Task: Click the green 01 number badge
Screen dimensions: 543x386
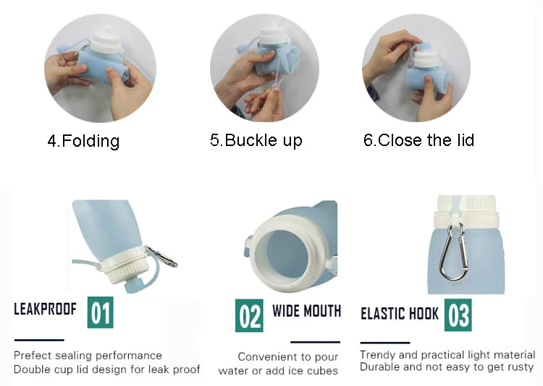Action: click(x=101, y=312)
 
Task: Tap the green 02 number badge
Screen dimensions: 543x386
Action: click(x=249, y=316)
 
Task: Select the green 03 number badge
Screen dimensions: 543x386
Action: click(x=458, y=315)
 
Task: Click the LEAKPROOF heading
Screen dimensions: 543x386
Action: click(x=45, y=309)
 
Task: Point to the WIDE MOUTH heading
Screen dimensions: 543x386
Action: click(x=306, y=311)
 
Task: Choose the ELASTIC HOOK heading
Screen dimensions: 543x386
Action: click(x=400, y=314)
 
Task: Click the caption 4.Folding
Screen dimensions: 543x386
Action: click(x=83, y=141)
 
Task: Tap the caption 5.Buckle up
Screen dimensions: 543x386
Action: click(x=256, y=140)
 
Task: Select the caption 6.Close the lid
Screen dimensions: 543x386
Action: click(x=418, y=140)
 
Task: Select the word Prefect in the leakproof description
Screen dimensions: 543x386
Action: click(x=32, y=355)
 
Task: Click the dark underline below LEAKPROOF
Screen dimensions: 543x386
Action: click(x=39, y=340)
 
